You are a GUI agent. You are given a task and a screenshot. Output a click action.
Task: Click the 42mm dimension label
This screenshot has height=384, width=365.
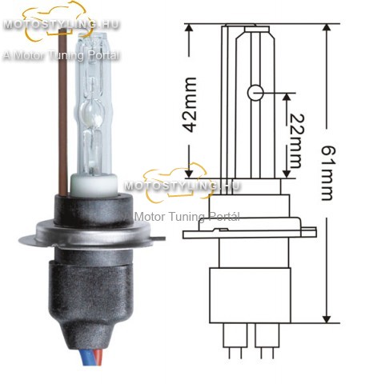pos(191,105)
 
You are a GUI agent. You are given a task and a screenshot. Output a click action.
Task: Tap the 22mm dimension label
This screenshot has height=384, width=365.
pos(296,141)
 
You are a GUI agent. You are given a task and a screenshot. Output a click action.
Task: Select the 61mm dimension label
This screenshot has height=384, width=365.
pos(327,173)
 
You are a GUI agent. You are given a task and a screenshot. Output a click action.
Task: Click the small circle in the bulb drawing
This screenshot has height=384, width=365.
pos(255,93)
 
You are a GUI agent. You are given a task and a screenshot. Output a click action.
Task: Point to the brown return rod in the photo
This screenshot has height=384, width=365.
pos(63,112)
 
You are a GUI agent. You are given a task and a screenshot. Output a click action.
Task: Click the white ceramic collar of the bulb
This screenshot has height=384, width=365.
pos(94,184)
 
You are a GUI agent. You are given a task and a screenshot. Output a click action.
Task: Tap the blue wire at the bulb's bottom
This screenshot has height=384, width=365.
pos(85,357)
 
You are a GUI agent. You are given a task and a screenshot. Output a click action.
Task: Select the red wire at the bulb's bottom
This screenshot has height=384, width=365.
pos(98,358)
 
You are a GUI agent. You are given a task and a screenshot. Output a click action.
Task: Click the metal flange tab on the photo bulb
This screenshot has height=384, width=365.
pos(159,238)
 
